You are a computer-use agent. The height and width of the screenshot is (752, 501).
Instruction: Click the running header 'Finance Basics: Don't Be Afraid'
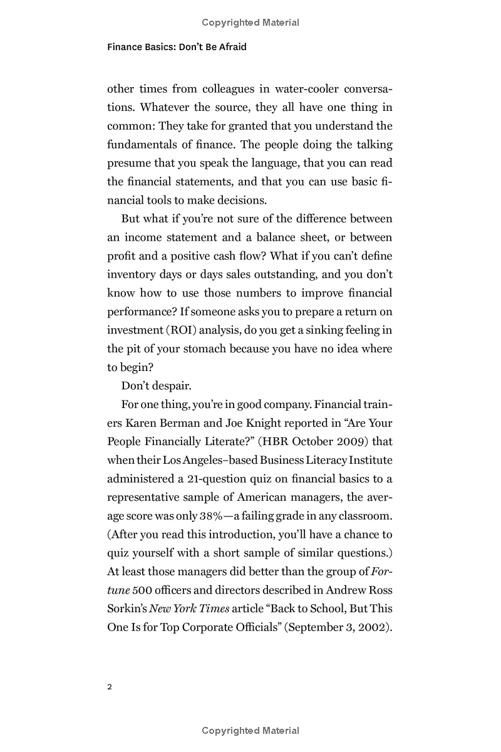(177, 47)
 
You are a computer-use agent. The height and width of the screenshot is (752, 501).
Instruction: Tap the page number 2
(110, 687)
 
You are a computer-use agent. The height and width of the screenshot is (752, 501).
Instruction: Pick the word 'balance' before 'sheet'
(296, 238)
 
